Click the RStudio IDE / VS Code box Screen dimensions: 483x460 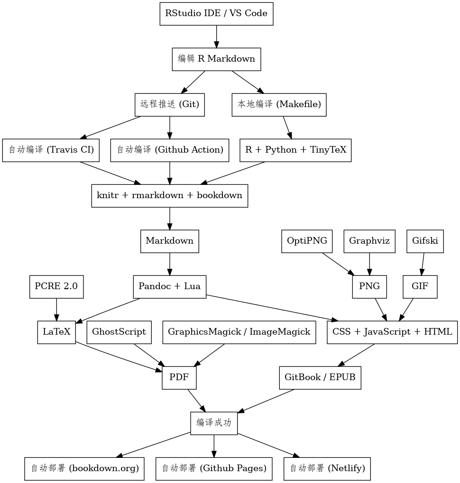[216, 13]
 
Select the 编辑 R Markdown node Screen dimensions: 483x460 [216, 59]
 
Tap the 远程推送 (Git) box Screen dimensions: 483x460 [170, 104]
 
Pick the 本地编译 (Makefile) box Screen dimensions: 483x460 [279, 104]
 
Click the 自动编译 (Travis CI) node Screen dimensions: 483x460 [51, 150]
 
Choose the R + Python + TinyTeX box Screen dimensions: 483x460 [295, 150]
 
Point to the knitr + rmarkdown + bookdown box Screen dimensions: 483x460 [170, 195]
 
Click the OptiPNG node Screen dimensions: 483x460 [307, 241]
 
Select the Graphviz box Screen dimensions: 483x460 [369, 241]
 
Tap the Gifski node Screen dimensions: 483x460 [425, 241]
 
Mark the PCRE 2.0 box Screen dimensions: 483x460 [56, 286]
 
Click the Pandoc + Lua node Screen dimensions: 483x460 [169, 286]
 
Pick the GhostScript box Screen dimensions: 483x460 [119, 332]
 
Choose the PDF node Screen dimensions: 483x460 [179, 378]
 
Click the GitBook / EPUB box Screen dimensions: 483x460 [320, 378]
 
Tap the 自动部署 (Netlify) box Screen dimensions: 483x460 [327, 468]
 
